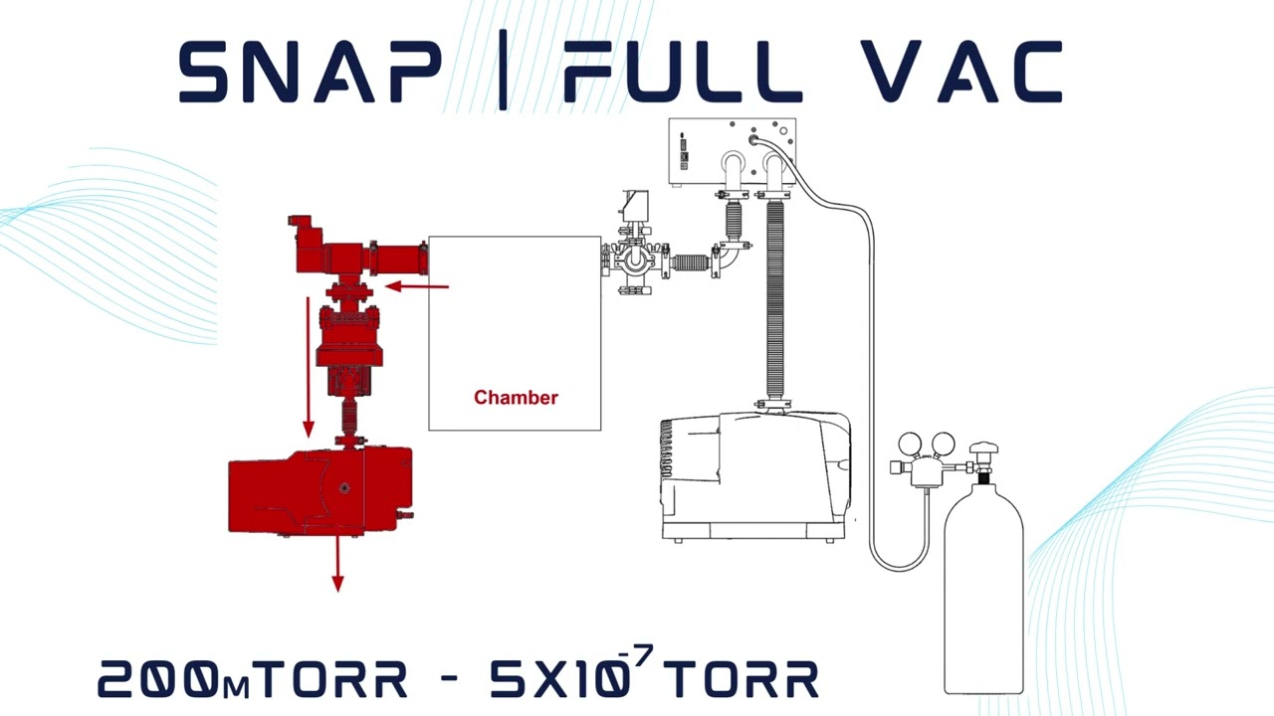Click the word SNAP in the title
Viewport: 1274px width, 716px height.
pos(310,72)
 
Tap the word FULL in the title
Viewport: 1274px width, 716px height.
pos(683,72)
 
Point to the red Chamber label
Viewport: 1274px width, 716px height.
pos(516,398)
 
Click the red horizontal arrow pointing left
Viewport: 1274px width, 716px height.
pos(417,287)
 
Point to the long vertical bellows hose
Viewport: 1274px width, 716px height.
pos(774,298)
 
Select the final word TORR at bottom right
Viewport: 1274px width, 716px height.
pos(742,679)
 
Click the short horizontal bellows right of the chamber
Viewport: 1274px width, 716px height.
pos(690,264)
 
